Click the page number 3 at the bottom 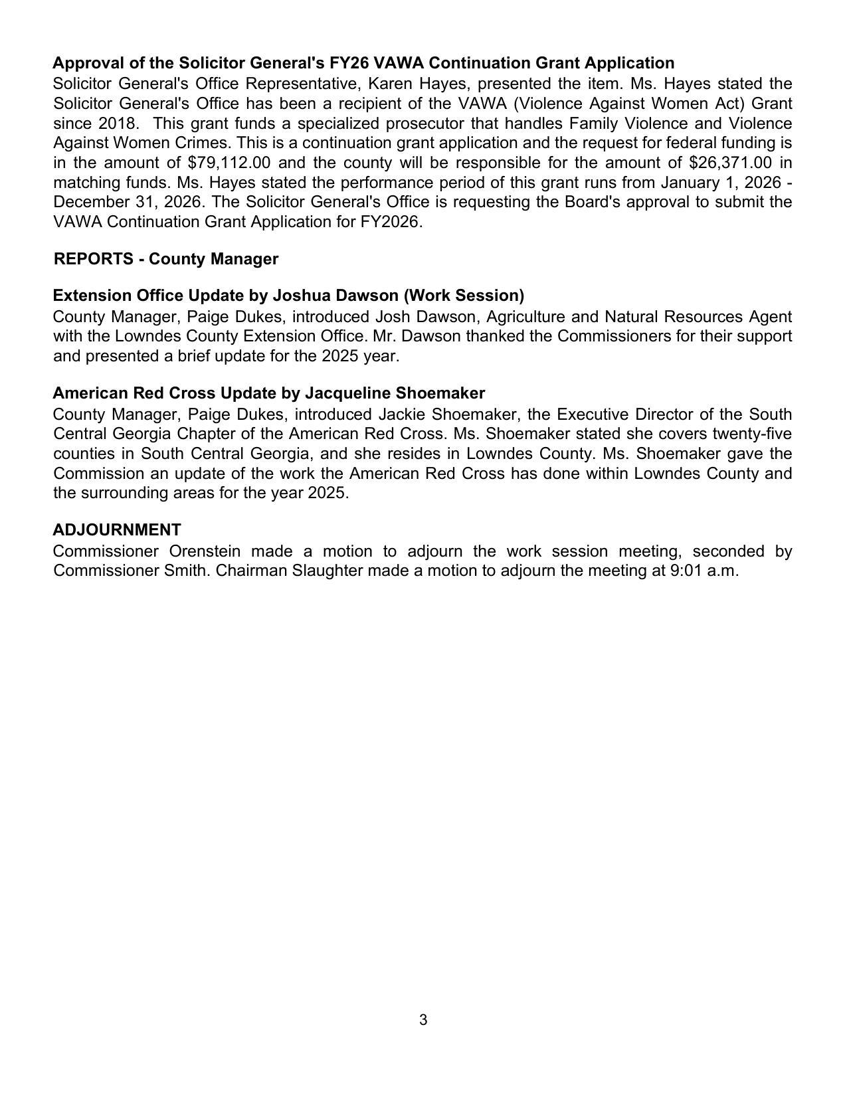(x=423, y=1020)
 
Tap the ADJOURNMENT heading (x=117, y=529)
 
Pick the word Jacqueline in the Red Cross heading (x=345, y=393)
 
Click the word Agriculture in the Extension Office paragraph (x=525, y=317)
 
